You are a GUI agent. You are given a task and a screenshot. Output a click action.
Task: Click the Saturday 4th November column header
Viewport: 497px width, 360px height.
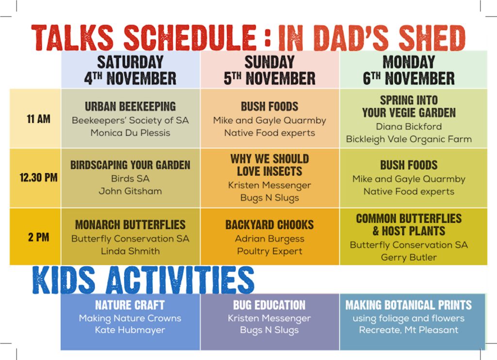coord(130,70)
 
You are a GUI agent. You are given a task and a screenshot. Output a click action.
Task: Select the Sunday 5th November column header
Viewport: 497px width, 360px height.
coord(270,70)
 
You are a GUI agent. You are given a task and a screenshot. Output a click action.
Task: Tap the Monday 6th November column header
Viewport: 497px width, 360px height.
coord(409,70)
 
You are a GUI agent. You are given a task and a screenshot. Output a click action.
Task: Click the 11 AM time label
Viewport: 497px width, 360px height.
coord(38,119)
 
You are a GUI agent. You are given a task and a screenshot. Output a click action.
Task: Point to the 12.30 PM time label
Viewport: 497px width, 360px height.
coord(38,178)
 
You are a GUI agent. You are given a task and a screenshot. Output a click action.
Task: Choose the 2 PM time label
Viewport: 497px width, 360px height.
coord(38,237)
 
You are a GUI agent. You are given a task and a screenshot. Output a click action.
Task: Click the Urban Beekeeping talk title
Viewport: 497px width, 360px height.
coord(130,106)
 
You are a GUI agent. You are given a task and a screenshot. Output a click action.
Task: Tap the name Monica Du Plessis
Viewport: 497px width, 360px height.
coord(130,133)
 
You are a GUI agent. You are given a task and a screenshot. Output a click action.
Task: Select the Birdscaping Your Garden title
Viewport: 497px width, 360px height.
coord(130,165)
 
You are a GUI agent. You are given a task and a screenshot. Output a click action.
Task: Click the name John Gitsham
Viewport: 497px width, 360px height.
coord(130,191)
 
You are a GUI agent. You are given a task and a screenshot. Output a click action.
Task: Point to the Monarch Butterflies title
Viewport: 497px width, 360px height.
coord(130,225)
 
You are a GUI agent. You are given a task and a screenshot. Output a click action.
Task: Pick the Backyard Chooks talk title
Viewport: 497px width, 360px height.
coord(270,225)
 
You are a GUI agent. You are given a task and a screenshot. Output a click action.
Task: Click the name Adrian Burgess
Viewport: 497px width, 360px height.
coord(270,239)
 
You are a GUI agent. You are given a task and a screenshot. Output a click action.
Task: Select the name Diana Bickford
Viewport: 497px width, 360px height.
coord(409,127)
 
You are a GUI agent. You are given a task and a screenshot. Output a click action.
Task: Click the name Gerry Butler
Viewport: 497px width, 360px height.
coord(409,257)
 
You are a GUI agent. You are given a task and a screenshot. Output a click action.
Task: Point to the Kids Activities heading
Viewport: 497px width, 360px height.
coord(143,280)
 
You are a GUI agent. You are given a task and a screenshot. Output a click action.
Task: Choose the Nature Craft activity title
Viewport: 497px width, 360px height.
coord(130,305)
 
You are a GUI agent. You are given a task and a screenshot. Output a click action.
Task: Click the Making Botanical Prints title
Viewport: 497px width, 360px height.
coord(409,305)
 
